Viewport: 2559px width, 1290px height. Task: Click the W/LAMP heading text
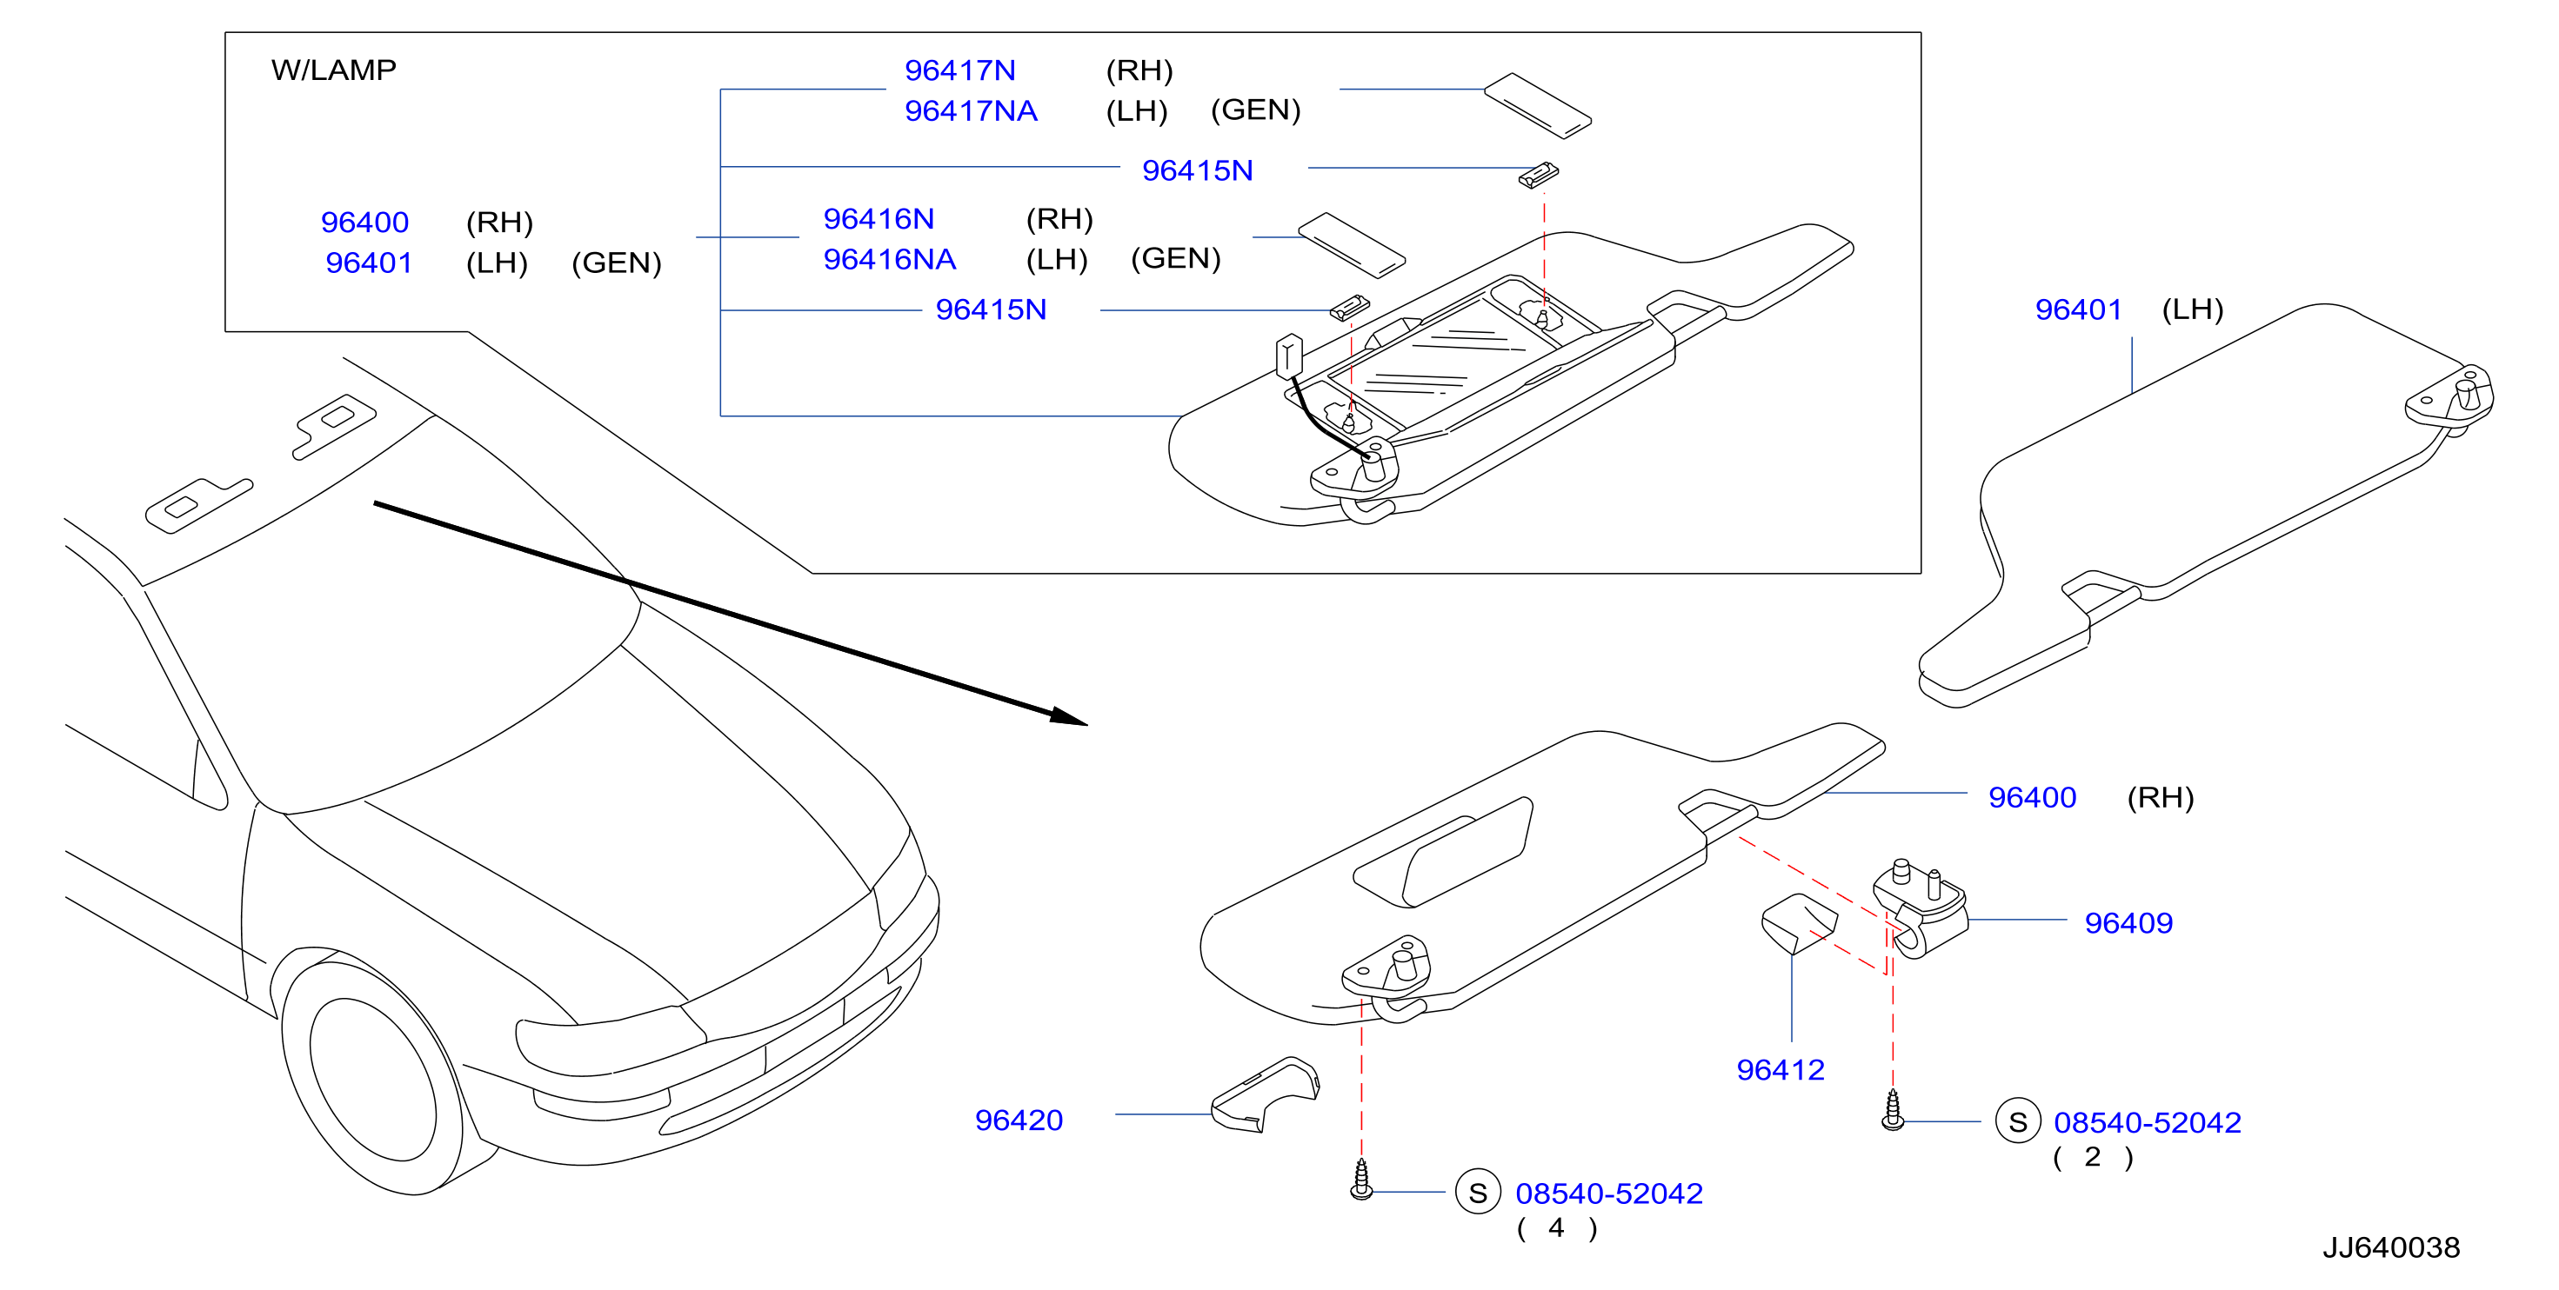(x=334, y=70)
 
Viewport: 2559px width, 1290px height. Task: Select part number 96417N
(x=959, y=70)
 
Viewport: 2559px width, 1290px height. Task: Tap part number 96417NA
(x=971, y=111)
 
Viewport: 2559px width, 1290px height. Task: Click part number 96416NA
(x=889, y=259)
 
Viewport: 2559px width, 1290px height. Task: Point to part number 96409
(x=2128, y=922)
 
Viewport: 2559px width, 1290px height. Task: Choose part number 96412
(x=1781, y=1069)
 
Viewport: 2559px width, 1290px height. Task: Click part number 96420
(x=1019, y=1120)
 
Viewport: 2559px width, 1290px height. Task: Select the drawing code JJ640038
(x=2390, y=1247)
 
